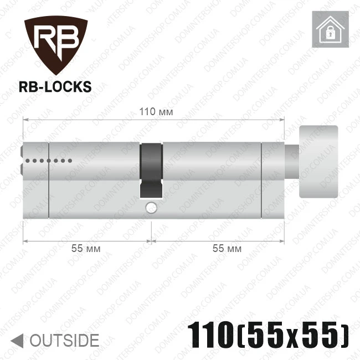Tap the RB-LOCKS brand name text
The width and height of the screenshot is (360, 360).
pyautogui.click(x=55, y=87)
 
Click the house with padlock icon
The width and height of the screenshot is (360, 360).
pyautogui.click(x=331, y=29)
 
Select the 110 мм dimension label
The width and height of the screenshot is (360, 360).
pyautogui.click(x=156, y=112)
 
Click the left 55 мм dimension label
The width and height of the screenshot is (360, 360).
pyautogui.click(x=86, y=249)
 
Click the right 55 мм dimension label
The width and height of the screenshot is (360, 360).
pyautogui.click(x=227, y=249)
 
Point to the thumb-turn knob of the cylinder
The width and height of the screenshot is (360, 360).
pyautogui.click(x=318, y=162)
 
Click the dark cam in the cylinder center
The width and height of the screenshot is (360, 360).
pyautogui.click(x=151, y=171)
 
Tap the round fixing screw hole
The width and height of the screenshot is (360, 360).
pyautogui.click(x=151, y=208)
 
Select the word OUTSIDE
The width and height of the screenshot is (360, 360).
pyautogui.click(x=64, y=341)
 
